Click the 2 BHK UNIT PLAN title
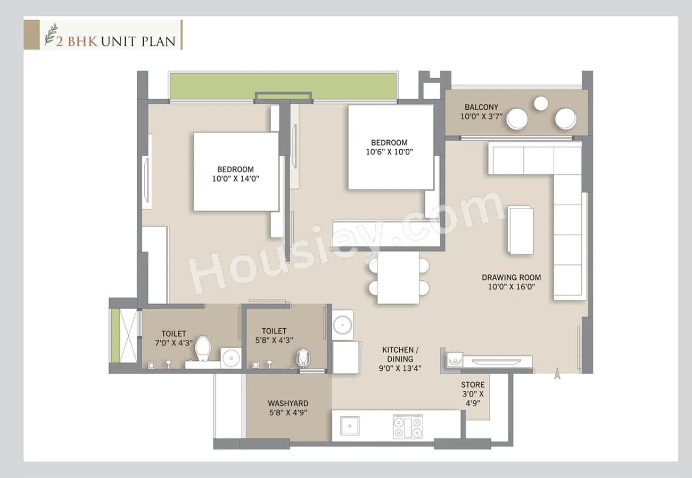pos(116,40)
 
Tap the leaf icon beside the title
pos(50,35)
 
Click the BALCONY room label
pos(481,107)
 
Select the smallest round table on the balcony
pos(541,103)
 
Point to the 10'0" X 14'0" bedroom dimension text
pos(235,179)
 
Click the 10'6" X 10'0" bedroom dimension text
pos(389,151)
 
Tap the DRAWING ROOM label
pos(511,277)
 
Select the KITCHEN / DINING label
pos(400,354)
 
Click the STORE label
pos(473,384)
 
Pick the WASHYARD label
pos(288,403)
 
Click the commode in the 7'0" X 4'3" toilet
pos(203,349)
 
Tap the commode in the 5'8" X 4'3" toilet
pos(303,357)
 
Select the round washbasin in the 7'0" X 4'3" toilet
pos(230,358)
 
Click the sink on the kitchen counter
pos(349,425)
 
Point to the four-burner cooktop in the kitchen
pos(407,426)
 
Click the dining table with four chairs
pos(398,278)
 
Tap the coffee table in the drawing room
pos(520,230)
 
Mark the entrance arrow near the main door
pos(557,374)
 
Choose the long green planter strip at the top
pos(283,86)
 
